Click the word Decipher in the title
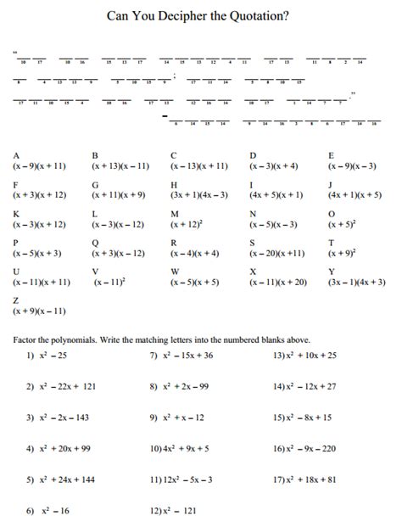(x=189, y=14)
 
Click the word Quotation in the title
(x=261, y=14)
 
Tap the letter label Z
(x=16, y=300)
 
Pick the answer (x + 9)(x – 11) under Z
(x=39, y=311)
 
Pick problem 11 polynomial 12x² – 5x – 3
(x=181, y=479)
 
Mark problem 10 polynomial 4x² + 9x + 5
(x=180, y=448)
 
